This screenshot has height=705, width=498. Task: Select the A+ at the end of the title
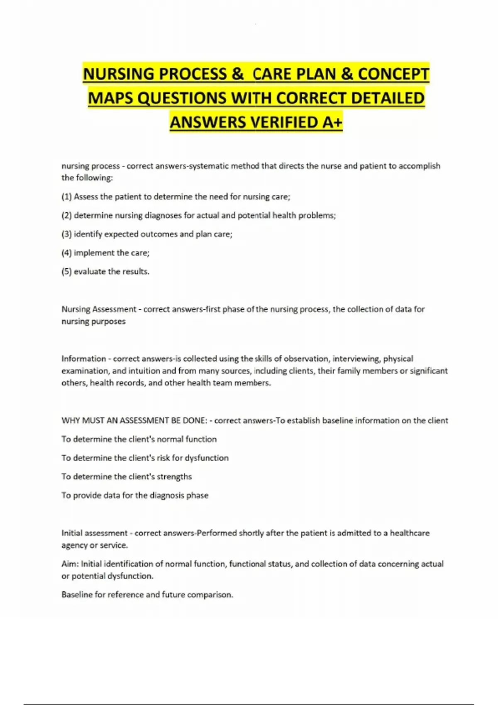tap(332, 123)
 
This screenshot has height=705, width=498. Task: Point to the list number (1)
tap(66, 197)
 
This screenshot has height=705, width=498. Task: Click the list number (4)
tap(66, 253)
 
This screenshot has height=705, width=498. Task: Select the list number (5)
tap(66, 272)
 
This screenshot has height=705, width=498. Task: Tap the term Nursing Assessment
tap(99, 309)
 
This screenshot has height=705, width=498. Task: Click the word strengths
tap(174, 477)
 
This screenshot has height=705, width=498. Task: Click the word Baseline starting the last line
tap(77, 595)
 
